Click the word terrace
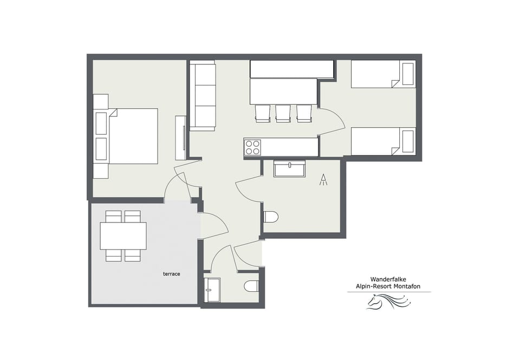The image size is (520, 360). (171, 274)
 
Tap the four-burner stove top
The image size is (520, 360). (252, 147)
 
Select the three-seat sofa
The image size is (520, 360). (203, 96)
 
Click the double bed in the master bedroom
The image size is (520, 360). (133, 136)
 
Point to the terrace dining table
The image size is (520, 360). (123, 235)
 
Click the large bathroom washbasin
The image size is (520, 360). (290, 168)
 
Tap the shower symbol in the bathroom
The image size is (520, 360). (323, 180)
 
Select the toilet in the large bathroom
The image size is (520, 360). (270, 217)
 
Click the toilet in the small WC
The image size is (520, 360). (251, 286)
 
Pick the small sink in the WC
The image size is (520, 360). (212, 290)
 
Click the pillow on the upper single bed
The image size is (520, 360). (407, 74)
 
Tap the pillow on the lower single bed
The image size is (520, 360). (407, 141)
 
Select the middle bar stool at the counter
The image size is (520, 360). (283, 113)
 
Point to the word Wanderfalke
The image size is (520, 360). (389, 279)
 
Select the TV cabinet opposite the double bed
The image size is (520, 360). (181, 138)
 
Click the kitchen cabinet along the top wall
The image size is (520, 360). (291, 69)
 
